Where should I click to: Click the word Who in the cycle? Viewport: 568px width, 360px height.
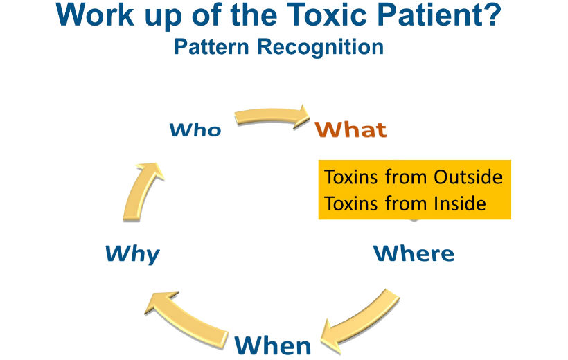[x=195, y=129]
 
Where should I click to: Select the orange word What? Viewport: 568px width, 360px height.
[x=350, y=129]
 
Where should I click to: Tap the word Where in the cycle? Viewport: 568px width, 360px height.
[x=414, y=253]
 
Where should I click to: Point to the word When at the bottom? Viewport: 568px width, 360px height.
[x=272, y=344]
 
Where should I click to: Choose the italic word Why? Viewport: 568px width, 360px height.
[x=132, y=254]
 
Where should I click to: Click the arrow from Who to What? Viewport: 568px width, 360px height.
[x=272, y=116]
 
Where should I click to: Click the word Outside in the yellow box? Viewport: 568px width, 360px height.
[x=468, y=177]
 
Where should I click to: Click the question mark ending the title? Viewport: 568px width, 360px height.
[x=491, y=16]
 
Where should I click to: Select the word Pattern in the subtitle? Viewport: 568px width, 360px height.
[x=212, y=47]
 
